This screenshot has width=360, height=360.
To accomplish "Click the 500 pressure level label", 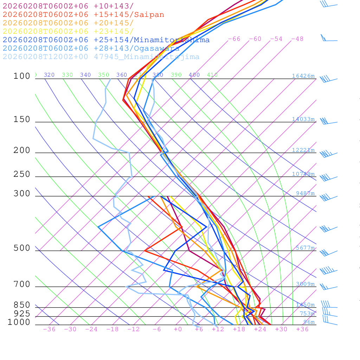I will coord(22,248).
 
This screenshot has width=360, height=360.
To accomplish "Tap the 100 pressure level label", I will coord(22,76).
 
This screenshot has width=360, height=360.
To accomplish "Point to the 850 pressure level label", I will coord(22,305).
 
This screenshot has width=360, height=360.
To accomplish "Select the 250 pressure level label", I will coord(22,174).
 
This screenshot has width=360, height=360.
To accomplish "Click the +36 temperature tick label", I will coord(302,329).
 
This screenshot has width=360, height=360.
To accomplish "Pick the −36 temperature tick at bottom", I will coord(49,329).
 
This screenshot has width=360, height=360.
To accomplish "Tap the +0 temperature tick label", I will coord(178,329).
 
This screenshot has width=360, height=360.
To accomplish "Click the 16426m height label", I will coord(303,76).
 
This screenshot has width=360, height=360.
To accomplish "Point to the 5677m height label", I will coord(305,248).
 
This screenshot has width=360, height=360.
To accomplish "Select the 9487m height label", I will coord(305,193).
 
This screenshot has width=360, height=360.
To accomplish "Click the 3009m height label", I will coord(305,284).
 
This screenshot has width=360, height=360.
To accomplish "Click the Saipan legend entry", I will coord(83,15).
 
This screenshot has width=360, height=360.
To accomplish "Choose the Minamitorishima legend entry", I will coord(106,40).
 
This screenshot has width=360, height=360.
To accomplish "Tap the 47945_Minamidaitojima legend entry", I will coord(101,57).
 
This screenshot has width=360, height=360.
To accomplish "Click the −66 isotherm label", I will coord(234,39).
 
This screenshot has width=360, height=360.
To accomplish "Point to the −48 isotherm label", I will coord(297,39).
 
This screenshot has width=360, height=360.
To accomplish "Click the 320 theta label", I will coord(49,75).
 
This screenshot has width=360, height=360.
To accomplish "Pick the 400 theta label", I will coord(194,75).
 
